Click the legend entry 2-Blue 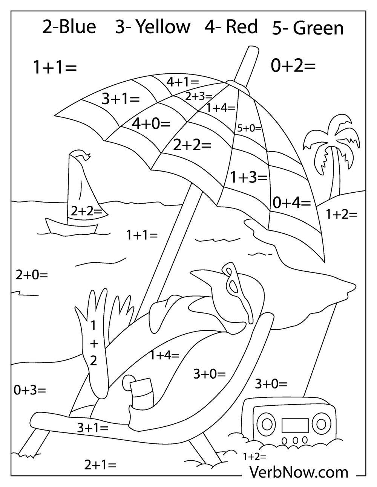pos(69,27)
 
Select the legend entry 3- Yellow pos(152,27)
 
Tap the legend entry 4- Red pos(231,27)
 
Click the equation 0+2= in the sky pos(293,66)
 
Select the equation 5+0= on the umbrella pos(249,128)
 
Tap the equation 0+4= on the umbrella pos(291,203)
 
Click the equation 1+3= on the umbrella pos(249,177)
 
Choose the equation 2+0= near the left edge pos(32,275)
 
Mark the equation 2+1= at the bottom pos(100,465)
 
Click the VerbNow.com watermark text pos(299,472)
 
